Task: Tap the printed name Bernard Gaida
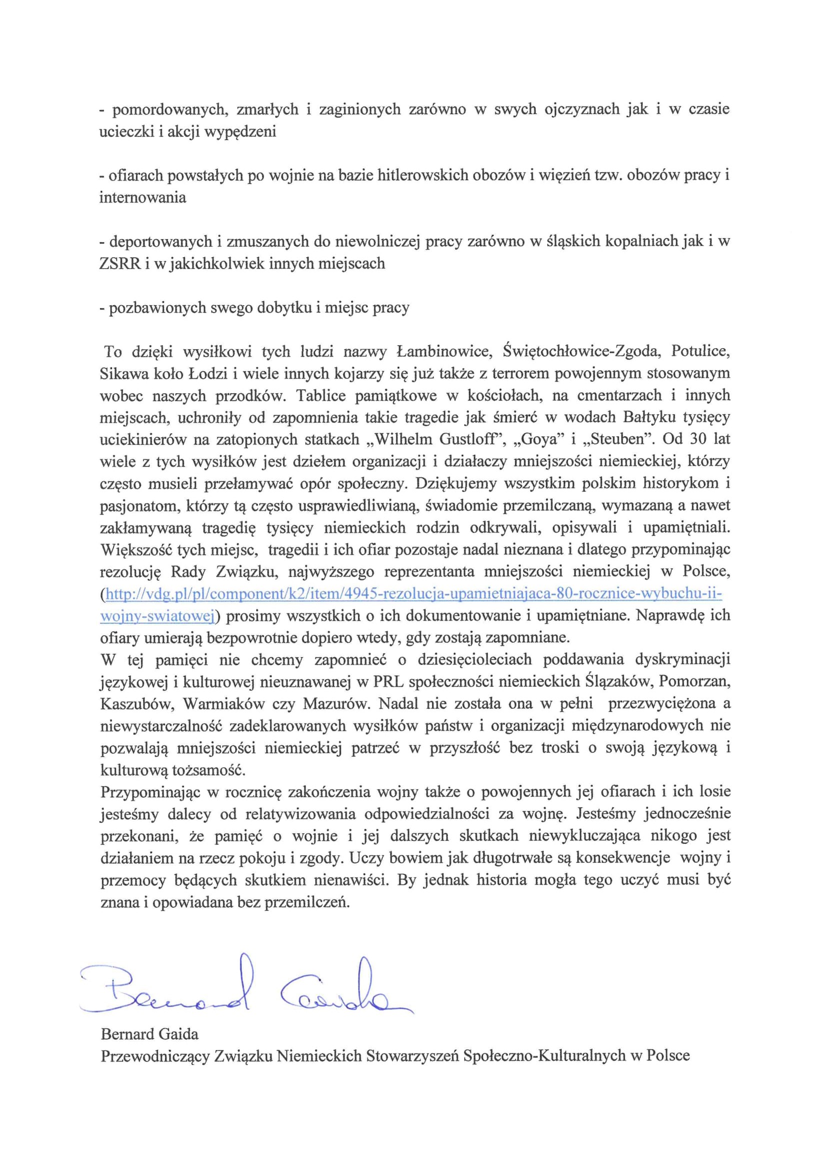[x=149, y=1034]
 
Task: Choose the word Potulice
[x=700, y=351]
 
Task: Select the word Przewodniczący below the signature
[x=155, y=1055]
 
